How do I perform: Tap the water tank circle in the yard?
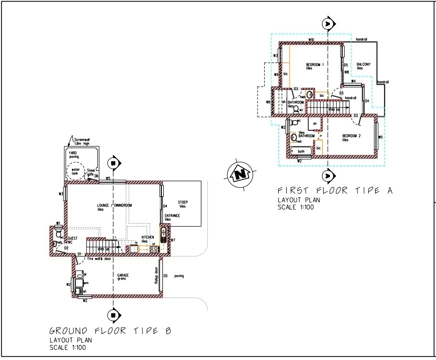pos(75,172)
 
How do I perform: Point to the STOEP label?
pos(183,202)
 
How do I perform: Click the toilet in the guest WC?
pos(58,234)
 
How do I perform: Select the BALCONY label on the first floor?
pos(363,64)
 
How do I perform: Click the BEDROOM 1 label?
pos(315,65)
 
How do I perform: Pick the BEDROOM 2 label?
pos(352,136)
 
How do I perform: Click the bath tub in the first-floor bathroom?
pos(301,151)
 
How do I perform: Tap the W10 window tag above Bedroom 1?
pos(311,39)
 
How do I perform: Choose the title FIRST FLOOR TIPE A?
pos(335,190)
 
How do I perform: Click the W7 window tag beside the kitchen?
pos(173,241)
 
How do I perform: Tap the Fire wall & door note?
pos(99,259)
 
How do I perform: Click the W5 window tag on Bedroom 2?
pos(380,137)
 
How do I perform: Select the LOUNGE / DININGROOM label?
pos(115,205)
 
